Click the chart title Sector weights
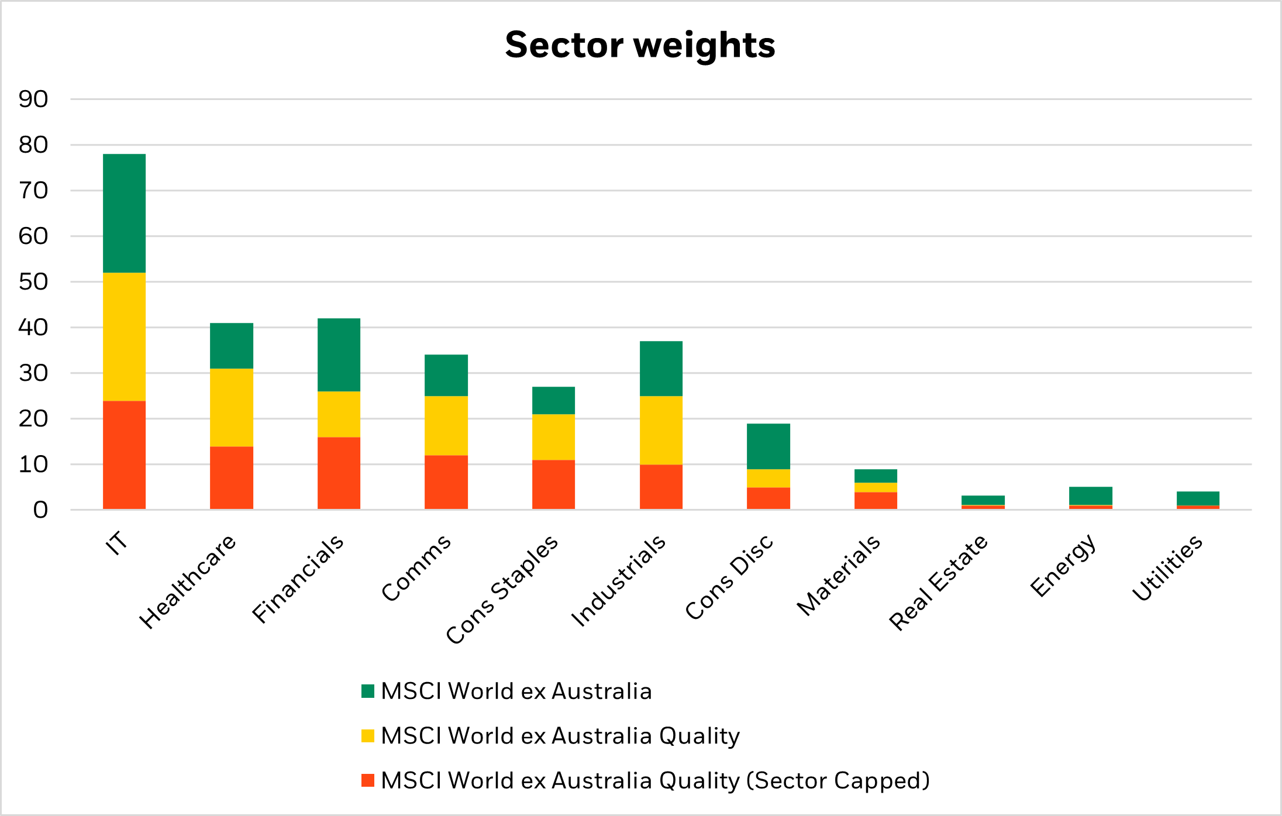coord(640,45)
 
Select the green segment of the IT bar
coord(124,213)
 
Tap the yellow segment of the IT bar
coord(124,336)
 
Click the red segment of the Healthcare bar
coord(232,477)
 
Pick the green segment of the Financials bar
coord(339,354)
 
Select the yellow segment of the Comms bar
coord(446,425)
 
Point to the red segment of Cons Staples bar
coord(553,484)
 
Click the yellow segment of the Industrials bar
coord(661,430)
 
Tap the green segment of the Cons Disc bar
coord(768,446)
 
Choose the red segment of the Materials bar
coord(876,500)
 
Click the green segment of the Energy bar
coord(1090,495)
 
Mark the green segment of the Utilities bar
coord(1198,498)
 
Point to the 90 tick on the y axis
coord(33,99)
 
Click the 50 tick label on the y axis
coord(33,282)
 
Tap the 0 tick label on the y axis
coord(40,510)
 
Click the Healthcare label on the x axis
coord(187,582)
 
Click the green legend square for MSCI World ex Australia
coord(367,691)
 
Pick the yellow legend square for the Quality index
coord(367,736)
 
